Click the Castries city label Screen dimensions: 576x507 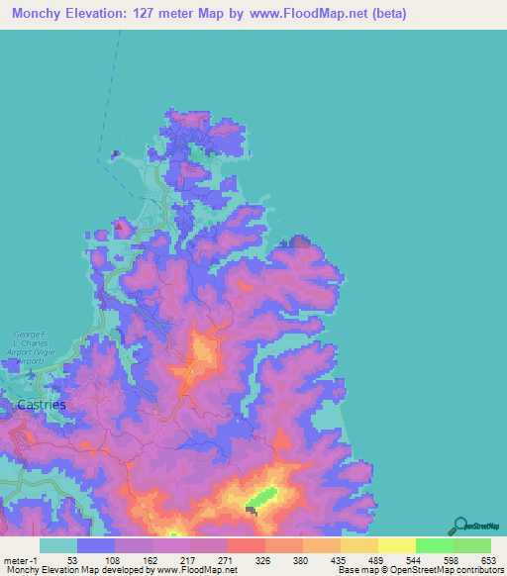pyautogui.click(x=42, y=405)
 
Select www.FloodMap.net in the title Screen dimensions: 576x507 pyautogui.click(x=314, y=14)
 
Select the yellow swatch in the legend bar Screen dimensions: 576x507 pyautogui.click(x=396, y=545)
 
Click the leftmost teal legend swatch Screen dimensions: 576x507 pyautogui.click(x=58, y=545)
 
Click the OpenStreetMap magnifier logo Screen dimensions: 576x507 pyautogui.click(x=459, y=525)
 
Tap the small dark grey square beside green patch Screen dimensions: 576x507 pyautogui.click(x=251, y=510)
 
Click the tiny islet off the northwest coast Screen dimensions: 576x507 pyautogui.click(x=116, y=153)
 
